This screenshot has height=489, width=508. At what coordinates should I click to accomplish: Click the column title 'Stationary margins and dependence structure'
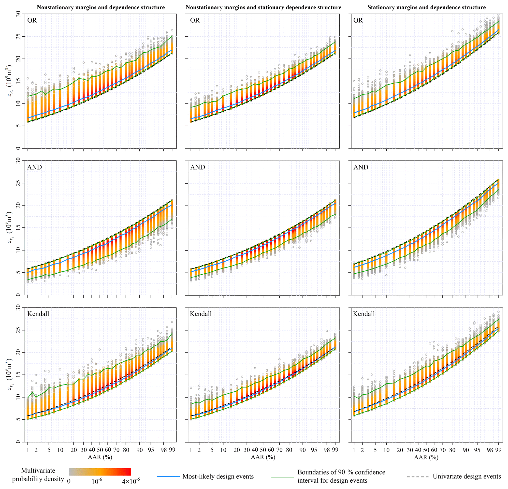point(426,7)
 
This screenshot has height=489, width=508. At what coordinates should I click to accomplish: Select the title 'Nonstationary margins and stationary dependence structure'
point(263,7)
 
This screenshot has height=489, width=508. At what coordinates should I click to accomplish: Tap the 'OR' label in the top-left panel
point(32,20)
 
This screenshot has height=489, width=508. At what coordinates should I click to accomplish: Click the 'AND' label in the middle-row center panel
point(198,167)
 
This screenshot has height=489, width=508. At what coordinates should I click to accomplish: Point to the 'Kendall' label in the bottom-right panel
point(364,314)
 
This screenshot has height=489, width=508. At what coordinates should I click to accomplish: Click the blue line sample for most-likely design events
point(168,476)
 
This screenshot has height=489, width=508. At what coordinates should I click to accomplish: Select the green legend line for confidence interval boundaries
point(283,476)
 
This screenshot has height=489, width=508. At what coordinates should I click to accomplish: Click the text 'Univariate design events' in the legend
point(467,476)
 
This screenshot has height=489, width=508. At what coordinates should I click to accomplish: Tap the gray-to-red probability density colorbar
point(100,472)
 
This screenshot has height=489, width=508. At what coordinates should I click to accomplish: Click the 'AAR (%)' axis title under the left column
point(100,457)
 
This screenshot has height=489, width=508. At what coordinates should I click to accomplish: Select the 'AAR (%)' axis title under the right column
point(426,457)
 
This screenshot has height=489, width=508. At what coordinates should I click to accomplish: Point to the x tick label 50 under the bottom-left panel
point(100,450)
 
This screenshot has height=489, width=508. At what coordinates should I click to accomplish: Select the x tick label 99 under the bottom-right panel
point(498,450)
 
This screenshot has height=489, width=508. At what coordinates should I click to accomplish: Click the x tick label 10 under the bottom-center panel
point(223,450)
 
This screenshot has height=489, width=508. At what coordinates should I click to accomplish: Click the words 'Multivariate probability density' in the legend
point(38,475)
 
